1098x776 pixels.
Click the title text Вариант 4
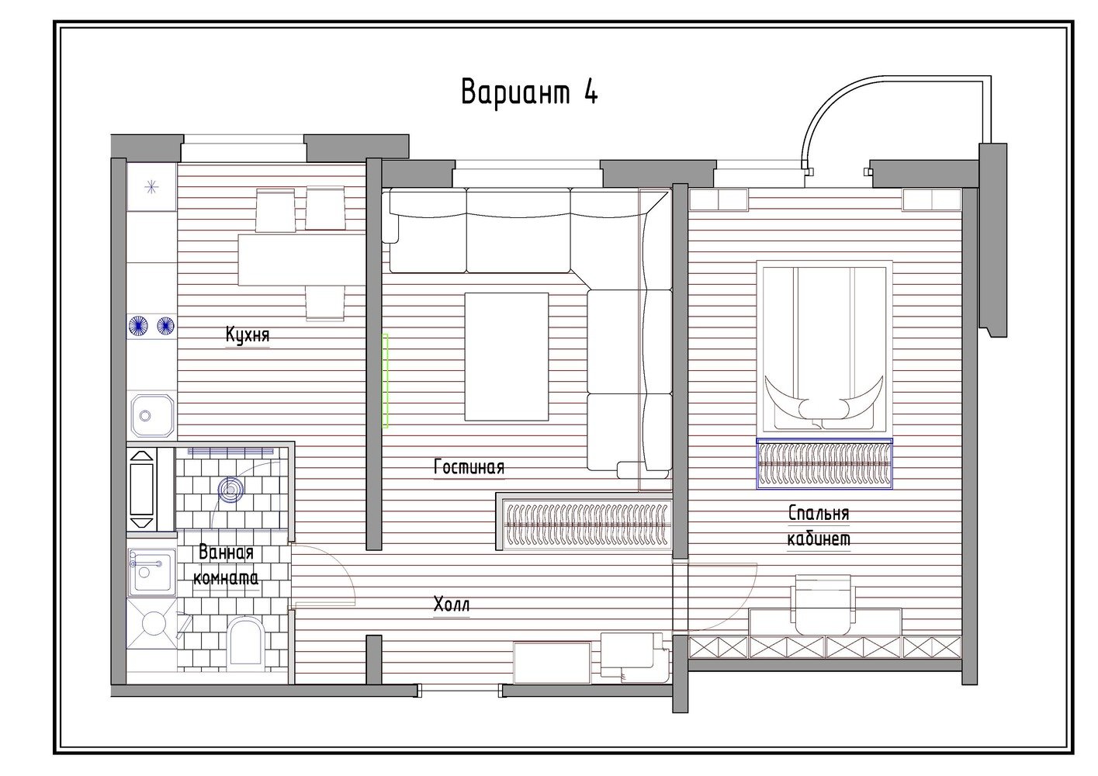point(529,92)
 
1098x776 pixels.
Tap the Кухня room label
point(248,334)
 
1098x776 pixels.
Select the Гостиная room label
point(469,466)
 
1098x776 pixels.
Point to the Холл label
point(452,605)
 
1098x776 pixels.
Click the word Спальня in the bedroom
point(819,513)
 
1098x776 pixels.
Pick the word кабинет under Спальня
point(819,539)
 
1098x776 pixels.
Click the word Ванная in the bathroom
point(226,553)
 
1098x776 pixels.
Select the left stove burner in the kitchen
point(138,325)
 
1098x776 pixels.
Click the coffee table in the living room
point(507,356)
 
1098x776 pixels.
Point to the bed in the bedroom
point(824,348)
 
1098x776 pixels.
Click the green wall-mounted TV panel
point(386,380)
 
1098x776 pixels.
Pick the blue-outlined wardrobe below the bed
point(825,463)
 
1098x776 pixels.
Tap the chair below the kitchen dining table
point(324,303)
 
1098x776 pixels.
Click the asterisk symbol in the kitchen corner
point(152,187)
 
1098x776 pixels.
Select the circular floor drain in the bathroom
point(230,489)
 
